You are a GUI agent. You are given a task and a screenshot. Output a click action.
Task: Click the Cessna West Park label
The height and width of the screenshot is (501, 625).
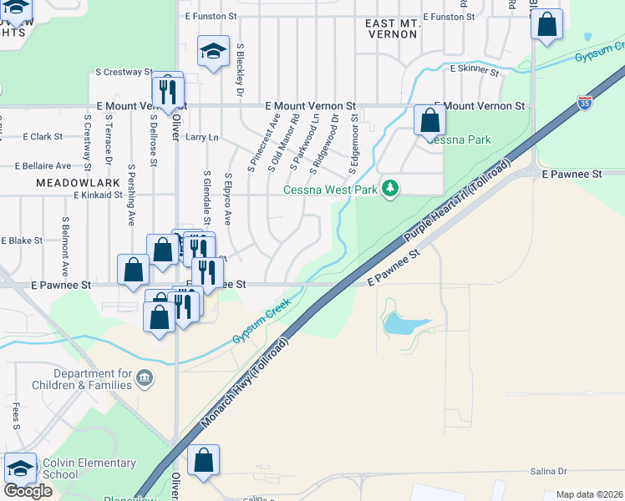[330, 190]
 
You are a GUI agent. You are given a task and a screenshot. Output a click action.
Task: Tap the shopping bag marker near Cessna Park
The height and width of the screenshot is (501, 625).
[429, 120]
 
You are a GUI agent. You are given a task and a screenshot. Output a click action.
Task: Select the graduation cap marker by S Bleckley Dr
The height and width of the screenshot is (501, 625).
[213, 52]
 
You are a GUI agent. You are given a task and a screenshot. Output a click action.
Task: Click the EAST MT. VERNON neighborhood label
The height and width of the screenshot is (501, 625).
[393, 29]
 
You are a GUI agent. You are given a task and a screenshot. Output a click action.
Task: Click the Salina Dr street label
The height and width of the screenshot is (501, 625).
[548, 471]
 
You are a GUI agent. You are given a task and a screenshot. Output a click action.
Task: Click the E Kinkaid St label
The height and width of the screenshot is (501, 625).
[99, 195]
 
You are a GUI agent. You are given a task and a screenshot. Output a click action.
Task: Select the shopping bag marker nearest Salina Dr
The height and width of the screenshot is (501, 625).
[203, 460]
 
